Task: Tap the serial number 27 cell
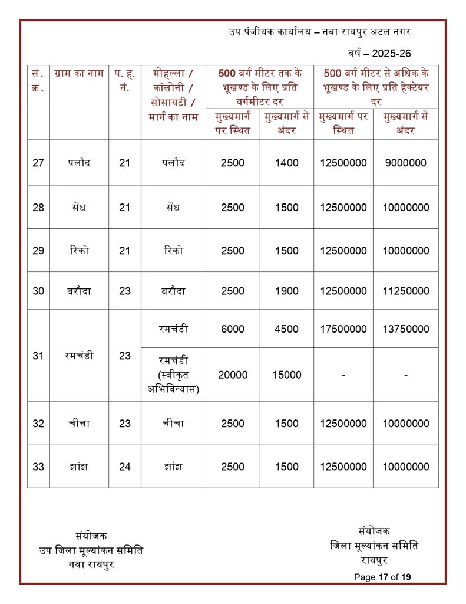pos(38,163)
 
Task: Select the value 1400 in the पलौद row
pos(287,163)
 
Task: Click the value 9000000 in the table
pos(406,163)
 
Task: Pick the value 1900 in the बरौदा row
pos(287,291)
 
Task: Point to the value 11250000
pos(406,291)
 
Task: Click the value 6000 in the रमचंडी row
pos(233,329)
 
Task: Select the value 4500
pos(287,329)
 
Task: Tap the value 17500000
pos(343,329)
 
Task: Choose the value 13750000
pos(406,329)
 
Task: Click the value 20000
pos(233,375)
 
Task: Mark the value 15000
pos(287,375)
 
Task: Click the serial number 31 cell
pos(38,356)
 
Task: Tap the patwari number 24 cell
pos(124,467)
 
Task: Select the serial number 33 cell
pos(38,467)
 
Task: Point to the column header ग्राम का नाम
pos(78,74)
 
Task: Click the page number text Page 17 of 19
pos(382,577)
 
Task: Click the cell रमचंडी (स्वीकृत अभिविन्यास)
pos(173,375)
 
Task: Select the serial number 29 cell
pos(38,251)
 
